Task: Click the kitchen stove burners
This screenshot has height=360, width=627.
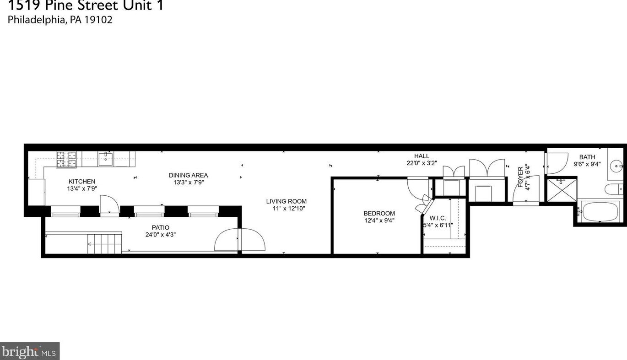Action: pyautogui.click(x=66, y=159)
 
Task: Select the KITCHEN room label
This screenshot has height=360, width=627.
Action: pyautogui.click(x=82, y=182)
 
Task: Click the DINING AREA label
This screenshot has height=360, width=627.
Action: pyautogui.click(x=188, y=175)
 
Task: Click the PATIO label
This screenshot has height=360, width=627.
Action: pyautogui.click(x=161, y=227)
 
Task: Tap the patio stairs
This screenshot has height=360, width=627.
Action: pyautogui.click(x=104, y=242)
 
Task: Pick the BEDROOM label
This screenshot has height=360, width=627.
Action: pyautogui.click(x=379, y=213)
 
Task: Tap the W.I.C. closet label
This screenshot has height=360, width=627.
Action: pyautogui.click(x=438, y=218)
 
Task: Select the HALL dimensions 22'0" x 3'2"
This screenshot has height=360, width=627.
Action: pyautogui.click(x=422, y=163)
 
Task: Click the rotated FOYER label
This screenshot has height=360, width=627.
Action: pyautogui.click(x=521, y=177)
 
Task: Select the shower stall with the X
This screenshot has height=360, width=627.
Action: pyautogui.click(x=561, y=189)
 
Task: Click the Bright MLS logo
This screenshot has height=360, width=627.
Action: pyautogui.click(x=30, y=351)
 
